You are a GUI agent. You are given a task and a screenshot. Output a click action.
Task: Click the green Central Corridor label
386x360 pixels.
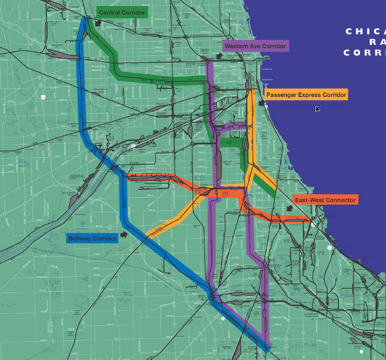(x=121, y=12)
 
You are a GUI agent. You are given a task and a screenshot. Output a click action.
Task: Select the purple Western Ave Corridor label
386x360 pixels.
(x=255, y=46)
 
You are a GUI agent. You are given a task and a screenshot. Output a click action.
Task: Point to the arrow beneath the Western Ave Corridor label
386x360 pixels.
(x=219, y=56)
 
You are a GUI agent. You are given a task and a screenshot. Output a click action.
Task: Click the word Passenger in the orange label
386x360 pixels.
(x=281, y=95)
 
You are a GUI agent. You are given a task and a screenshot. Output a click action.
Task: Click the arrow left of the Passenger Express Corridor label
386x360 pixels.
(x=261, y=103)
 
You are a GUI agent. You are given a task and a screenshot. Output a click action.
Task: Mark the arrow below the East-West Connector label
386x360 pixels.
(x=290, y=208)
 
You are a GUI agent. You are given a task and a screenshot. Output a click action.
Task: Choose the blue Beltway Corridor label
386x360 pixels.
(x=92, y=239)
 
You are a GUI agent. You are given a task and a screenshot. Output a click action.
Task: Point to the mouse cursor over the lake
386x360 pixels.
(x=318, y=109)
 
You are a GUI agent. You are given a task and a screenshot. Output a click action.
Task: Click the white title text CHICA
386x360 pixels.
(x=365, y=32)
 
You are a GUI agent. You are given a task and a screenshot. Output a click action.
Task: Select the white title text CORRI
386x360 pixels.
(x=364, y=53)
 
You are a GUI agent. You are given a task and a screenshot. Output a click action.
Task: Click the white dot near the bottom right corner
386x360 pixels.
(x=362, y=352)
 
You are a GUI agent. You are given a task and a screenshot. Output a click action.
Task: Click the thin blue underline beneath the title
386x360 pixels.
(x=380, y=60)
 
